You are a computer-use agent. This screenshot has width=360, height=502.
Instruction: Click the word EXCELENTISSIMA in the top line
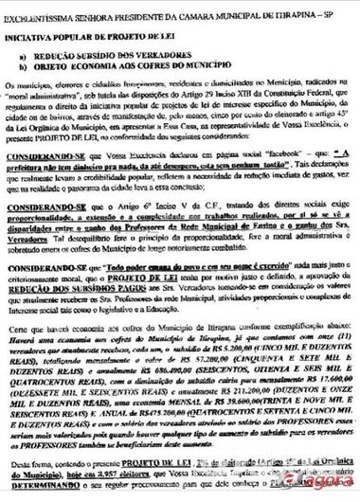[43, 8]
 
